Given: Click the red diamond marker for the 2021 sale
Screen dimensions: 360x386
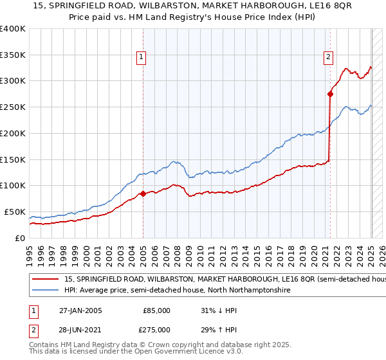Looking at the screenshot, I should tap(330, 94).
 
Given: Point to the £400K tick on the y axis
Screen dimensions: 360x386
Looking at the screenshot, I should tap(13, 29).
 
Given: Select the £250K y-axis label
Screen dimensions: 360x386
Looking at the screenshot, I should tap(13, 107).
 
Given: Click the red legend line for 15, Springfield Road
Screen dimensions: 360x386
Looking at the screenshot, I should tap(45, 280).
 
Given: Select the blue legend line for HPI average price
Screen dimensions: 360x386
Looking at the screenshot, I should tap(45, 291).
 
